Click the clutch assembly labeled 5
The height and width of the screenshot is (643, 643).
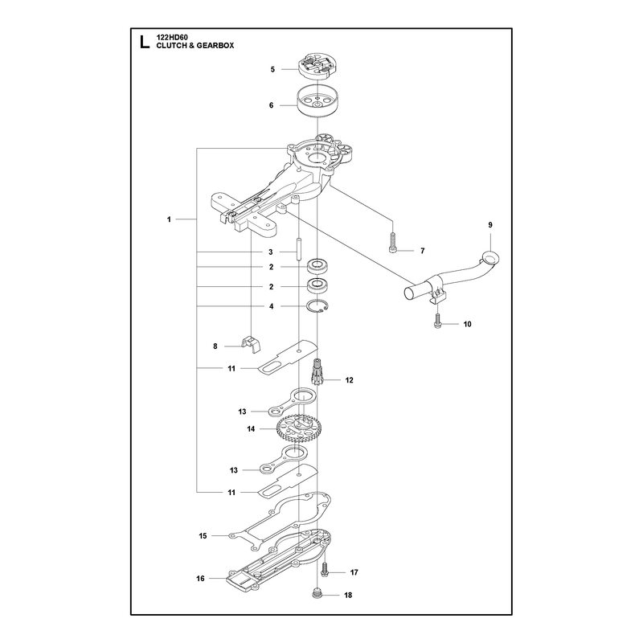point(315,67)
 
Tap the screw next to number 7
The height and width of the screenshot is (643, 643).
point(393,243)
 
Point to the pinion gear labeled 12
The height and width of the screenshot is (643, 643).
point(317,371)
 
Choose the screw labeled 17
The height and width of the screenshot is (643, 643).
point(326,569)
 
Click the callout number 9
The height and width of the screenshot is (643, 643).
point(490,225)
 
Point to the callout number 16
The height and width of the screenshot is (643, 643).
point(200,578)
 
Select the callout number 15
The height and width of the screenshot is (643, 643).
point(203,535)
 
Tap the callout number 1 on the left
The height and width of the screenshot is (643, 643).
point(169,219)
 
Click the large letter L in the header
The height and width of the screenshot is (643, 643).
point(144,42)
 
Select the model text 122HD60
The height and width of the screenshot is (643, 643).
point(172,37)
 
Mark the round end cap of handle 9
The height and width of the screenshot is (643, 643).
point(490,259)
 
